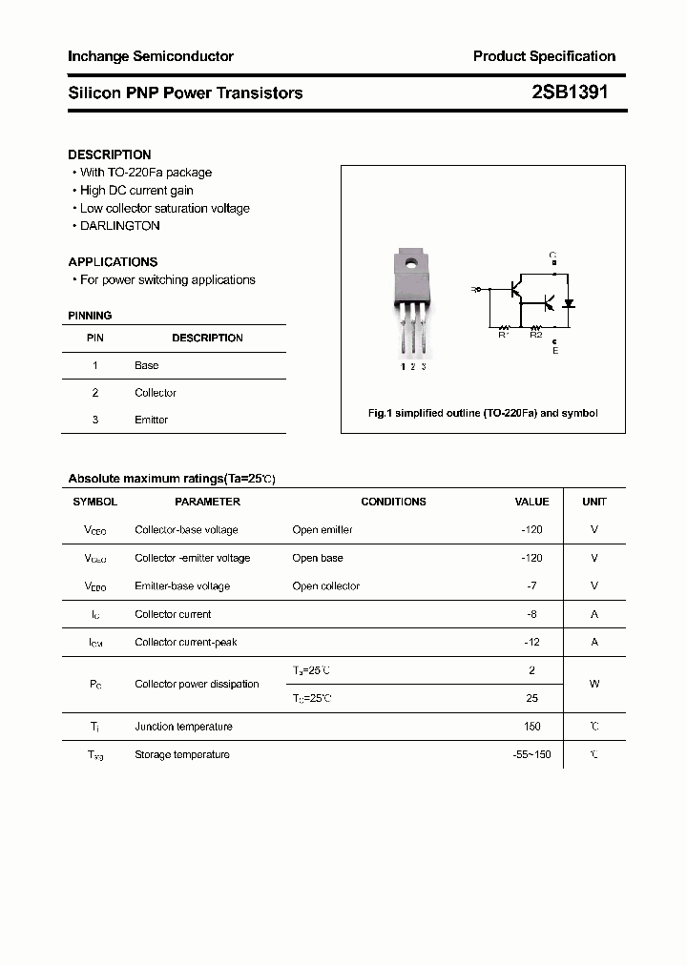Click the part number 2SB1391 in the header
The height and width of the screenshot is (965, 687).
(x=569, y=92)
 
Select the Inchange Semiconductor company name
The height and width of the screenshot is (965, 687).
(x=151, y=56)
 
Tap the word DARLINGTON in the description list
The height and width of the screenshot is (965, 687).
(x=119, y=226)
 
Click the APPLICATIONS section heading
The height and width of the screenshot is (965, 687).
(x=113, y=261)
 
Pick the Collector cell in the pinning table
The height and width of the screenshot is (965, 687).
(x=156, y=393)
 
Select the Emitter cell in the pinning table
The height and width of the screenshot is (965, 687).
(x=151, y=420)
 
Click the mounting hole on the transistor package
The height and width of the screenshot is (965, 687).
(x=412, y=263)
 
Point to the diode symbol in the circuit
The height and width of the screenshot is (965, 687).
(x=569, y=304)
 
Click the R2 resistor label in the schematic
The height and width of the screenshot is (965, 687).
(x=535, y=335)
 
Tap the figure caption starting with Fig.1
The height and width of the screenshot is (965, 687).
(x=483, y=413)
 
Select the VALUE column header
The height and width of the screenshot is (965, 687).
(x=531, y=502)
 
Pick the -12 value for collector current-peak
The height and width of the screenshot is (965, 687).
(x=532, y=643)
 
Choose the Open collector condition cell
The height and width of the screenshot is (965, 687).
(x=326, y=586)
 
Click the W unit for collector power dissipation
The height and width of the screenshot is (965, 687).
(x=594, y=684)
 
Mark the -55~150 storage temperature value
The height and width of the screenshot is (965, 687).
(x=531, y=755)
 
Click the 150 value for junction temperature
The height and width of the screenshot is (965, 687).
(x=531, y=727)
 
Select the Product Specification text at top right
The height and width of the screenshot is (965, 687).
(x=544, y=56)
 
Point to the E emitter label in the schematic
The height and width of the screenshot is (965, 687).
(x=555, y=351)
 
